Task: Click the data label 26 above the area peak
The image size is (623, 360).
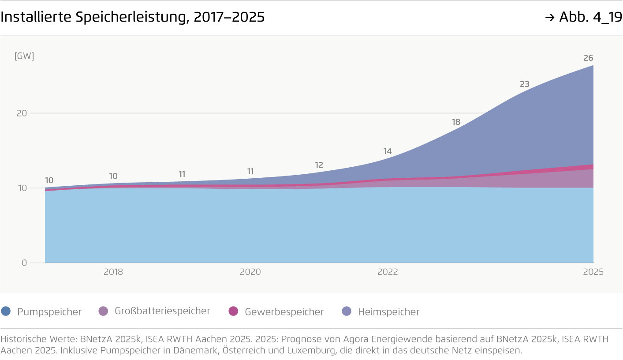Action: coord(588,58)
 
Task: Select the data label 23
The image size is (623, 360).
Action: coord(524,84)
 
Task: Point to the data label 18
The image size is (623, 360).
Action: coord(456,122)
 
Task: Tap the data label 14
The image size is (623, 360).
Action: coord(387,151)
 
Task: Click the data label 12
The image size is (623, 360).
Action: coord(319,165)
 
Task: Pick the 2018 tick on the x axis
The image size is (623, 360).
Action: coord(113,272)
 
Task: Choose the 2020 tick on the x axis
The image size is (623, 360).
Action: coord(250,272)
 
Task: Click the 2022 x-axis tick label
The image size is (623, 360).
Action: coord(387,272)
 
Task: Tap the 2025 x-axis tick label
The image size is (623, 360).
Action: coord(593,272)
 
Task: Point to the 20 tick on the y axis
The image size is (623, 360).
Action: coord(22,113)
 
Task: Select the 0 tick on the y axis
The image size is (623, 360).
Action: coord(24,263)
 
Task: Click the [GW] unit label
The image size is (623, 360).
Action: coord(24,56)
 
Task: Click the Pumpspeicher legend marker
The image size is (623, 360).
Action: coord(6,311)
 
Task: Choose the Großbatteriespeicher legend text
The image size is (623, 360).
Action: coord(162,311)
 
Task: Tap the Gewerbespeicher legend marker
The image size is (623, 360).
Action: coord(233,311)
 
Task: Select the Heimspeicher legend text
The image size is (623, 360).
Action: coord(388,312)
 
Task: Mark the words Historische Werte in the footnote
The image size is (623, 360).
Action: coord(39,339)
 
